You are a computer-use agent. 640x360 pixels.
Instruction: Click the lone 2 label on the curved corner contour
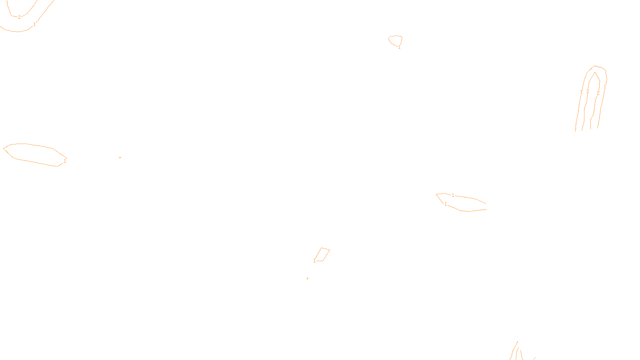(x=19, y=17)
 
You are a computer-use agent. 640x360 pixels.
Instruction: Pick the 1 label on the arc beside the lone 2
(x=34, y=24)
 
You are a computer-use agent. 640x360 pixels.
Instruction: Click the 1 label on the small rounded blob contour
(x=399, y=47)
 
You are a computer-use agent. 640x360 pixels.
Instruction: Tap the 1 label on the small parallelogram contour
(x=314, y=261)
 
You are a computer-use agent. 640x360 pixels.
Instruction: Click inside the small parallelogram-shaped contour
(x=322, y=254)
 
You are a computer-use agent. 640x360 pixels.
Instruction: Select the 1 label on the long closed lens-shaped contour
(x=65, y=161)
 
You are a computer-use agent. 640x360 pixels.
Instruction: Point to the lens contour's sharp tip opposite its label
(x=4, y=148)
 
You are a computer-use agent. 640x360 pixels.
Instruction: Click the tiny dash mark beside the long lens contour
(x=120, y=158)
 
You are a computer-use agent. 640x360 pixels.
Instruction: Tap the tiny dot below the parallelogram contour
(x=307, y=278)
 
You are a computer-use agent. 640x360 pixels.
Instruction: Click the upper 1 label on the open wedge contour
(x=453, y=195)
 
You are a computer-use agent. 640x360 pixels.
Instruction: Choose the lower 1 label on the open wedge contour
(x=446, y=204)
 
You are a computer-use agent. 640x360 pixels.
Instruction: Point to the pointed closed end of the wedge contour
(x=436, y=194)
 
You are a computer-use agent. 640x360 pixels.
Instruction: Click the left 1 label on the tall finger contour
(x=581, y=92)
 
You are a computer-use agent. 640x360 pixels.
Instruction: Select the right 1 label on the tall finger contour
(x=605, y=86)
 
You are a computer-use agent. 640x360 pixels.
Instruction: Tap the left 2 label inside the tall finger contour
(x=588, y=92)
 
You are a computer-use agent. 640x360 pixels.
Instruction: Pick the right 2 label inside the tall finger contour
(x=598, y=93)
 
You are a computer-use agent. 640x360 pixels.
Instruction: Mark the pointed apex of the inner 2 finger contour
(x=595, y=72)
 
